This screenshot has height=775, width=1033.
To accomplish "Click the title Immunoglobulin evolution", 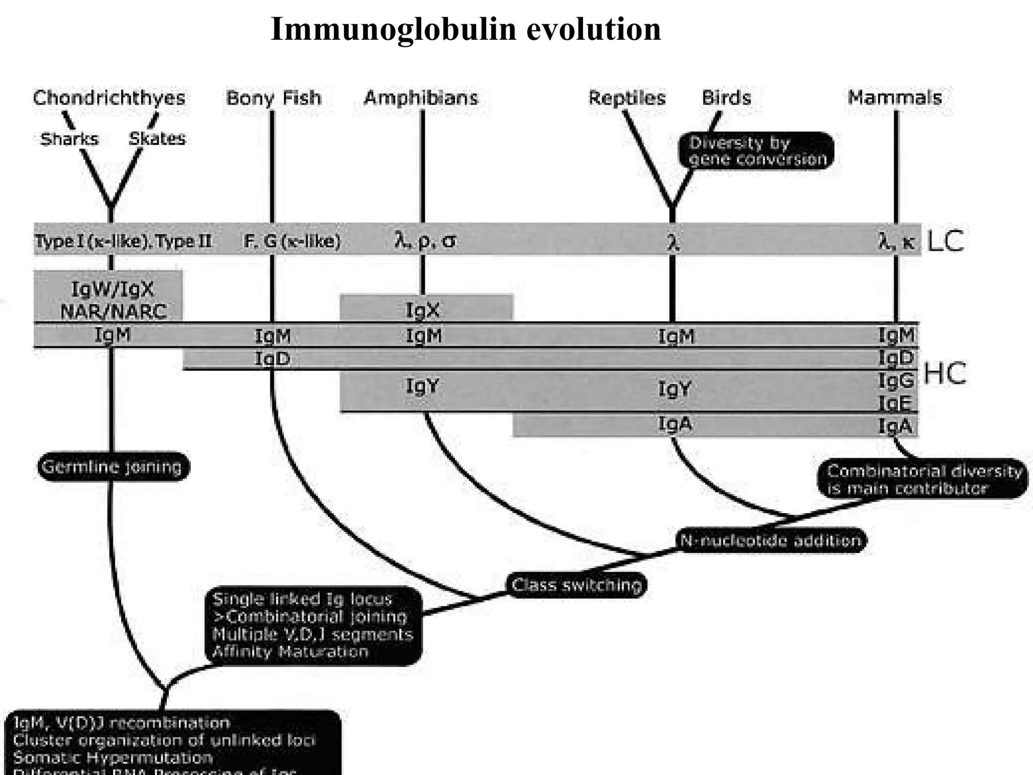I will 465,29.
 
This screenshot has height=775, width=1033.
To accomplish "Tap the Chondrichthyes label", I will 109,97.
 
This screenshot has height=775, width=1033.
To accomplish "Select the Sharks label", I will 69,139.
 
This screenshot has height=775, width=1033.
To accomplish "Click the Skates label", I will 157,138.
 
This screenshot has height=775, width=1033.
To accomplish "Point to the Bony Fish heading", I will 273,97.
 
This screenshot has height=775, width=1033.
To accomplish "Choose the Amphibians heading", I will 421,97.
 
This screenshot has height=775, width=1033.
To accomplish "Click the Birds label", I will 726,97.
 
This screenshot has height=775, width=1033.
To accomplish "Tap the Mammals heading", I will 894,97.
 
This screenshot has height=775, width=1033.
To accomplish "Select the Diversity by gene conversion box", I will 756,151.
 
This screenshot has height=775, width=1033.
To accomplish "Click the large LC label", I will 945,241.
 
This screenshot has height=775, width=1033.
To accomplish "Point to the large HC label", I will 944,374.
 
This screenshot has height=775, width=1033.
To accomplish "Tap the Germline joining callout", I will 112,467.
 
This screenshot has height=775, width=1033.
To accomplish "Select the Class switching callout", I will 576,585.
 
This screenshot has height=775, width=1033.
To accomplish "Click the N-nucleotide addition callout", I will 770,540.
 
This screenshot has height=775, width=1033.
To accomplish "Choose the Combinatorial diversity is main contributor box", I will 922,479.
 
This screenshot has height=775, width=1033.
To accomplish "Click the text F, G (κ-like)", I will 292,241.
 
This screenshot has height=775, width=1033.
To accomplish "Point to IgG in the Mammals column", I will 896,380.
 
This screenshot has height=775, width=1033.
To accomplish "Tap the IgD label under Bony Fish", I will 272,359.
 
